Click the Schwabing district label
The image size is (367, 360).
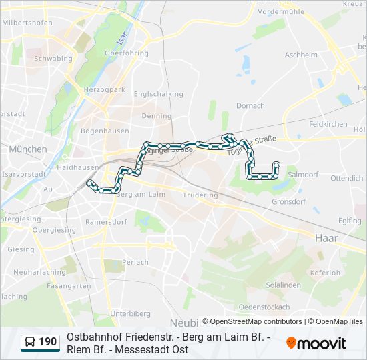(53, 58)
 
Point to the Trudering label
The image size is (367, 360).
(200, 195)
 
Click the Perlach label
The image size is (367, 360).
(136, 262)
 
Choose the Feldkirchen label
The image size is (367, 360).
(328, 124)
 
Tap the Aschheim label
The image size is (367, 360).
(301, 55)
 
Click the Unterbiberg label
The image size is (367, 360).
(131, 313)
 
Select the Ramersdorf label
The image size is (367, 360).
(107, 221)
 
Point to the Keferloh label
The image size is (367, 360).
(326, 273)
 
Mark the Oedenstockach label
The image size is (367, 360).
(264, 307)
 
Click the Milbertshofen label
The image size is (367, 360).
(27, 22)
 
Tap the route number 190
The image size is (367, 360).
(48, 343)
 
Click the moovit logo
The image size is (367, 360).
(316, 343)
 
